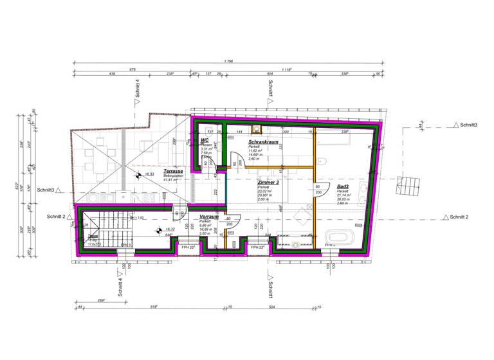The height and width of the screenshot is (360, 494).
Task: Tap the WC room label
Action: [x=204, y=140]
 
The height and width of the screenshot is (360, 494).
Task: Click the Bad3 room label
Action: [x=343, y=187]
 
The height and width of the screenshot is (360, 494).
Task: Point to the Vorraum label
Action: [x=209, y=217]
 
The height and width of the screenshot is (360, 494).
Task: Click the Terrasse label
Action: [x=173, y=172]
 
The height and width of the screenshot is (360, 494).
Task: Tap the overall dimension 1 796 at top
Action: [x=228, y=62]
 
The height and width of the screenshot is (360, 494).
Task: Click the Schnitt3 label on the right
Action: [x=468, y=125]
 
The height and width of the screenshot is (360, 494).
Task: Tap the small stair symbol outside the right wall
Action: [x=407, y=188]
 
